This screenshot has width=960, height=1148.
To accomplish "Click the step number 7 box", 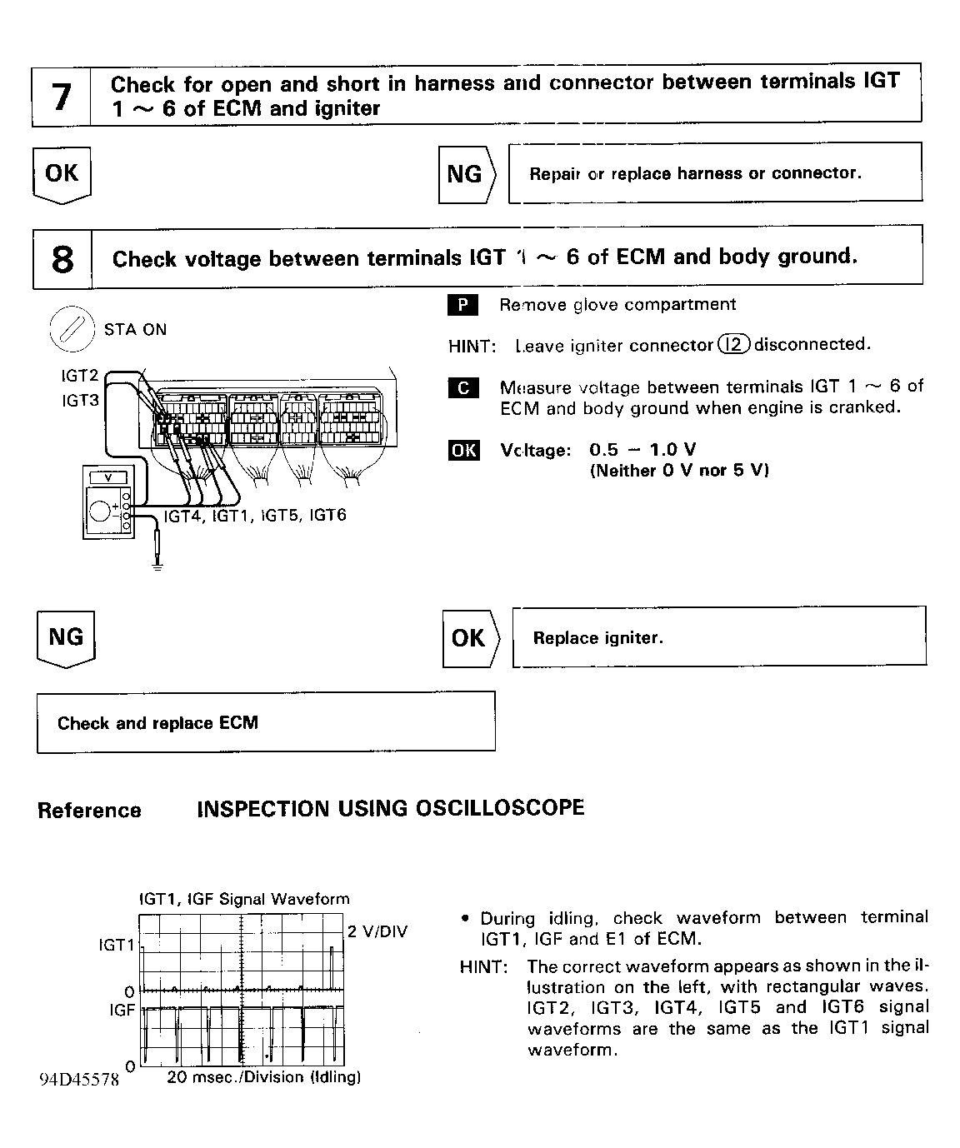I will click(x=61, y=97).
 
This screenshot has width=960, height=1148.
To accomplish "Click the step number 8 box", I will click(x=62, y=258).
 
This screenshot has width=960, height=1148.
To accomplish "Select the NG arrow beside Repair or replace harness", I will click(x=466, y=174).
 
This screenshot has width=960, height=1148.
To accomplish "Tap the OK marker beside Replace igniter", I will click(x=469, y=638).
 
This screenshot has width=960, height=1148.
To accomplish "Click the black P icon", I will click(x=462, y=305).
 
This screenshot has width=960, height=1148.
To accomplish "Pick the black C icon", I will click(x=463, y=387).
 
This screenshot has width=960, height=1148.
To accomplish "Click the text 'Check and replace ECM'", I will click(x=157, y=723).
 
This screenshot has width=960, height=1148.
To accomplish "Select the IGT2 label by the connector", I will click(x=80, y=377).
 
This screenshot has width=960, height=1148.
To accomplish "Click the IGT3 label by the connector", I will click(x=80, y=401).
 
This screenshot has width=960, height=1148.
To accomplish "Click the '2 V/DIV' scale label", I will click(x=377, y=931).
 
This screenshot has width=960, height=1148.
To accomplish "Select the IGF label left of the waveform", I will click(x=122, y=1010).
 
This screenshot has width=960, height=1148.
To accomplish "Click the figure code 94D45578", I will click(x=79, y=1080).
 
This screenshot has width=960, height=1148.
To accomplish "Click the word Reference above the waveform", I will click(x=89, y=811).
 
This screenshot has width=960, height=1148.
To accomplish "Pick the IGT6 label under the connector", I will click(x=327, y=515).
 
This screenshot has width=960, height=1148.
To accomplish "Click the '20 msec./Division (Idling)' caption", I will click(x=264, y=1077).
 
